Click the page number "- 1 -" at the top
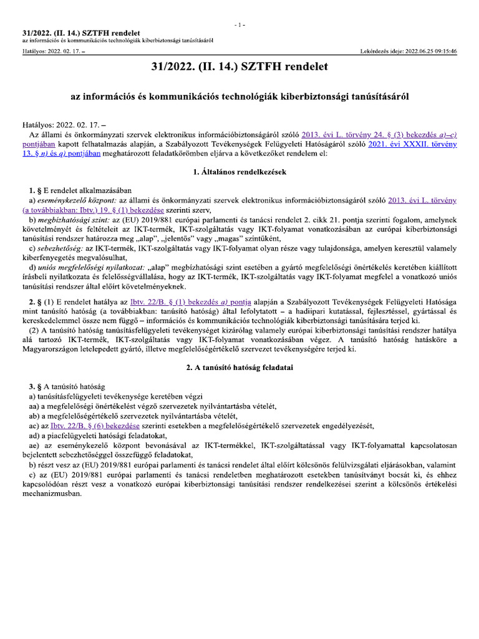pos(239,24)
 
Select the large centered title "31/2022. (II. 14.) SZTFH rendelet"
pos(239,66)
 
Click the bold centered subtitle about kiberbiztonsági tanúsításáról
pos(239,97)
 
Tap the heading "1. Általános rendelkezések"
pos(239,172)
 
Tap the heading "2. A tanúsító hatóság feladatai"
pos(239,368)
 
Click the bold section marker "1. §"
pos(36,189)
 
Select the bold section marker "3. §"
pos(36,387)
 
